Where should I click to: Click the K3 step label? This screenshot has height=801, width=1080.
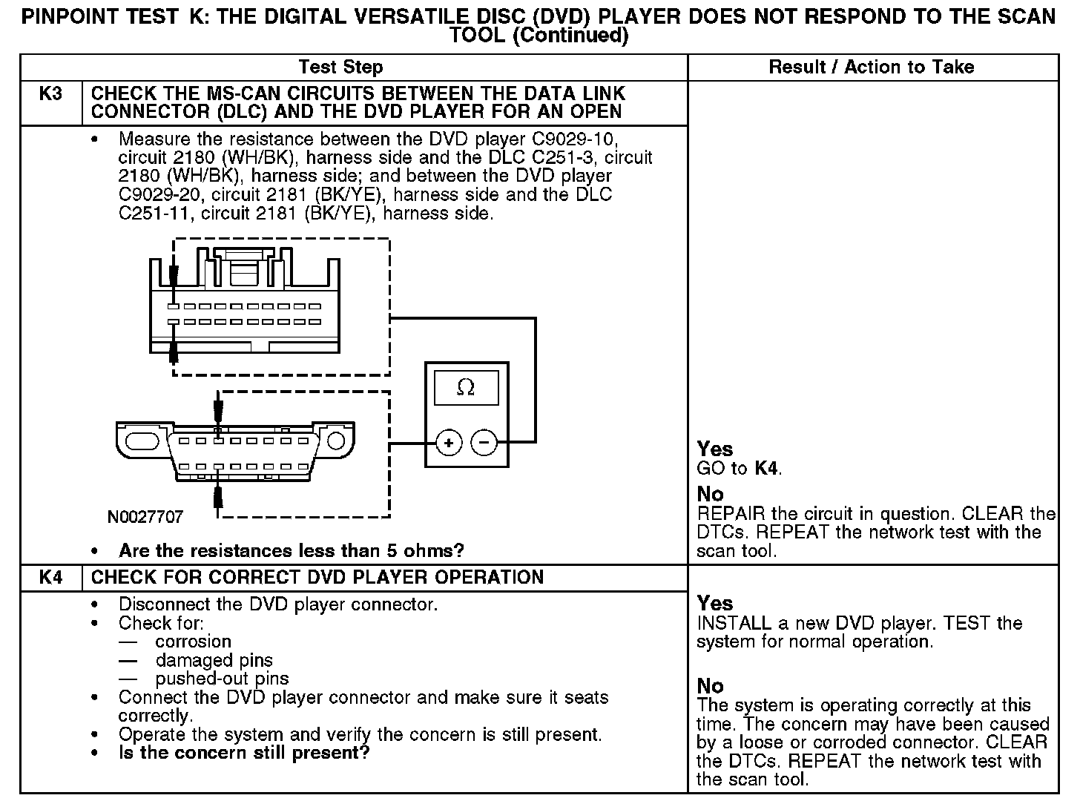(50, 94)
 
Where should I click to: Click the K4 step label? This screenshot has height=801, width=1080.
(50, 578)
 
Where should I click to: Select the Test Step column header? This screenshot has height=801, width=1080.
(340, 67)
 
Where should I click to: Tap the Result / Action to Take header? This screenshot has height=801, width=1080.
(872, 67)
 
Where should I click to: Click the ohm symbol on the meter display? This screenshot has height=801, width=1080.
(466, 387)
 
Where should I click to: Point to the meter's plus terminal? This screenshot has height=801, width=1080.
(448, 443)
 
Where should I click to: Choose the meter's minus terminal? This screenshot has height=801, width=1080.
(484, 443)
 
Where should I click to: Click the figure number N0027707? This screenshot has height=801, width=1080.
(145, 517)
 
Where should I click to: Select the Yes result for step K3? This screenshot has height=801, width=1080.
(715, 449)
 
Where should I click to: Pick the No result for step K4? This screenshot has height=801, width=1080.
(711, 686)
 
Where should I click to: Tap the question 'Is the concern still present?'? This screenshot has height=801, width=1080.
(244, 754)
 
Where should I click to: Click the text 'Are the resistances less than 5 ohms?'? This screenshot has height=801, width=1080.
(291, 551)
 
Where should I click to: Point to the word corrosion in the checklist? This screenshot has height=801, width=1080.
(193, 642)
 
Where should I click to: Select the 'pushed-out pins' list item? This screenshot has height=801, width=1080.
(222, 679)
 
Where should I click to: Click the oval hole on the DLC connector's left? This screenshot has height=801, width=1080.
(143, 441)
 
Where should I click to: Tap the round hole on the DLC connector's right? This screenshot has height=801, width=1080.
(336, 441)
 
